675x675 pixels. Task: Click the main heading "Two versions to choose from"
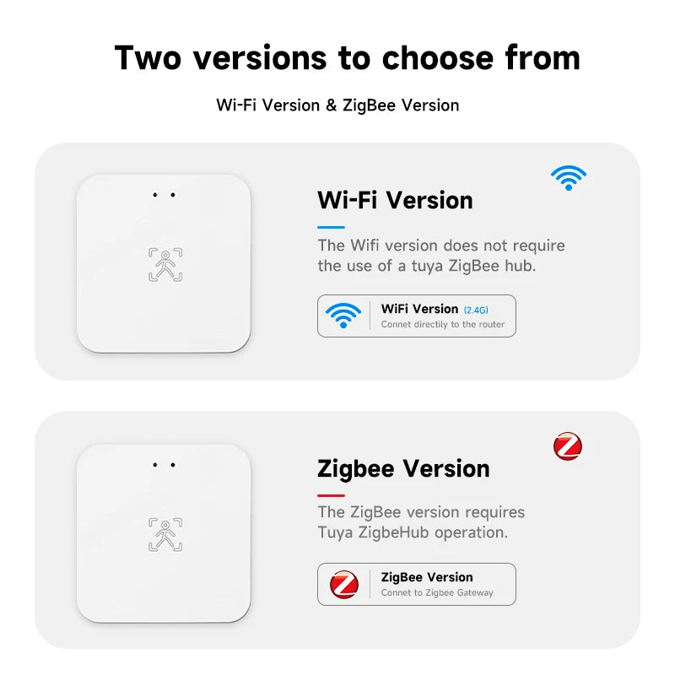[x=347, y=58]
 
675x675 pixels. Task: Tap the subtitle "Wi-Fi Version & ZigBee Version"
[x=337, y=105]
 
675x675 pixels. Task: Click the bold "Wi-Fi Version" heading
[x=395, y=200]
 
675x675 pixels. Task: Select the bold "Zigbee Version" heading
[x=403, y=468]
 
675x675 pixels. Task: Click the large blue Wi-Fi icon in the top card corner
[x=569, y=177]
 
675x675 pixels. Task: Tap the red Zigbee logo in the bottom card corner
[x=568, y=446]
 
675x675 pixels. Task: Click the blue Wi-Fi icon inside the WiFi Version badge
[x=343, y=316]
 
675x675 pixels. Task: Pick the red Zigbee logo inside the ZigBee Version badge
[x=343, y=584]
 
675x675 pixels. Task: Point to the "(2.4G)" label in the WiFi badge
[x=476, y=310]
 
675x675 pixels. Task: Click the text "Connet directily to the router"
[x=442, y=325]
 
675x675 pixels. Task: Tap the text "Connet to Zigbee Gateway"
[x=437, y=593]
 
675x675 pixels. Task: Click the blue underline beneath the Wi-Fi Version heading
[x=331, y=227]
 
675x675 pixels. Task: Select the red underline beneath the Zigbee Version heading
[x=331, y=495]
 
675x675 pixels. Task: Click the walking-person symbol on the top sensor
[x=165, y=265]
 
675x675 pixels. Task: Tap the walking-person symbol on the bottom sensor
[x=165, y=535]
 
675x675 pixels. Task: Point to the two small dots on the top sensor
[x=164, y=196]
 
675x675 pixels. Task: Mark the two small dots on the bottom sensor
[x=164, y=465]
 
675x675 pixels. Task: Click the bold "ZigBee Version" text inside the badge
[x=427, y=577]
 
